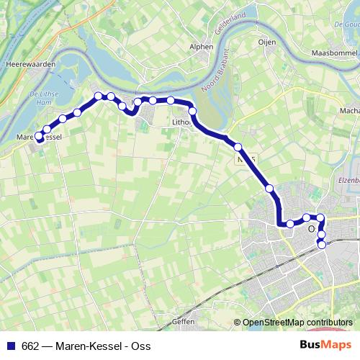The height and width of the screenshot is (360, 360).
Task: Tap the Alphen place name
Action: [202, 47]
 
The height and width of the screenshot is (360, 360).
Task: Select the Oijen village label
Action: [267, 42]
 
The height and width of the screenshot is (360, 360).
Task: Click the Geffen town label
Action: [184, 322]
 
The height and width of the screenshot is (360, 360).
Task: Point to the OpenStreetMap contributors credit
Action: [297, 323]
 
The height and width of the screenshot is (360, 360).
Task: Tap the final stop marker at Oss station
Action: [321, 245]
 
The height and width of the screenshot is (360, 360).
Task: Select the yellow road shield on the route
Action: [246, 156]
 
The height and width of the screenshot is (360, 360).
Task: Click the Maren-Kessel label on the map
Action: [39, 136]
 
